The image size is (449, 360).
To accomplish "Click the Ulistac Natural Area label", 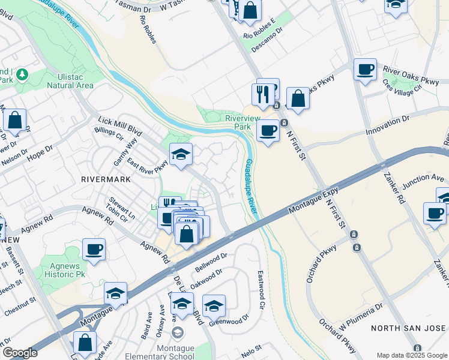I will (71, 81).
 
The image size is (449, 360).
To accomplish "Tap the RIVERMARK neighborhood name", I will (102, 179).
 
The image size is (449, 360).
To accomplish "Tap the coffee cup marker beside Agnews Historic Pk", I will (93, 250).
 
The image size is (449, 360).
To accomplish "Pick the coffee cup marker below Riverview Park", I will (268, 130).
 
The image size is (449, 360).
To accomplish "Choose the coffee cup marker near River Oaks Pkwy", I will (364, 70).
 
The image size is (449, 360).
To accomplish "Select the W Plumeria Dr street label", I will (360, 317).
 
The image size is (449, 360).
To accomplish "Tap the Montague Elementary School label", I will (178, 349).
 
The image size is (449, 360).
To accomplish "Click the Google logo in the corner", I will (20, 353).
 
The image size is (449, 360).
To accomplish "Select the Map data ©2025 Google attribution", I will (412, 355).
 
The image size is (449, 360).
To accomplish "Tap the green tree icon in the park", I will (23, 74).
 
